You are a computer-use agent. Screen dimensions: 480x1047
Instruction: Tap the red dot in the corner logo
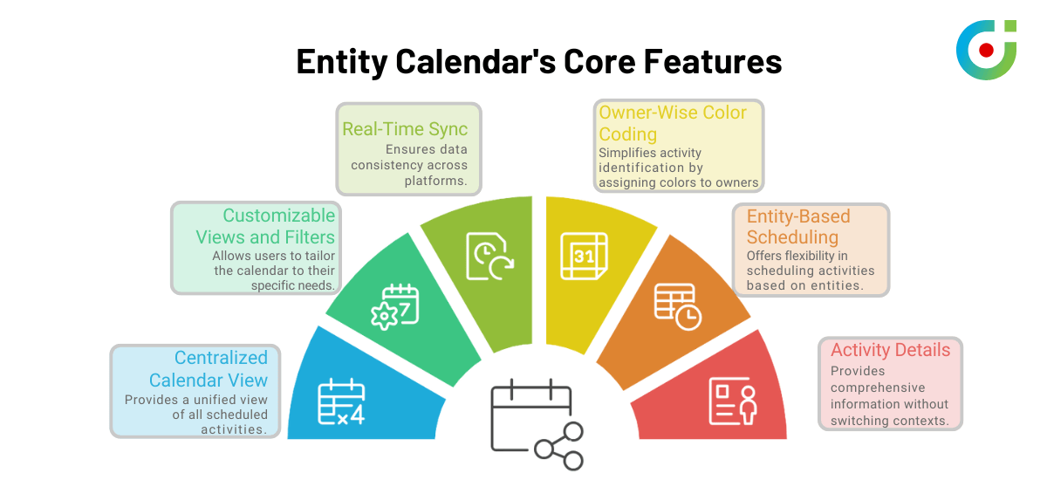[x=986, y=50]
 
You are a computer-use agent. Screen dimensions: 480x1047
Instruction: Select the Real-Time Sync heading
[x=405, y=129]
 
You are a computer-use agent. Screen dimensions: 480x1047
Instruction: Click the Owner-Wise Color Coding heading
[x=672, y=123]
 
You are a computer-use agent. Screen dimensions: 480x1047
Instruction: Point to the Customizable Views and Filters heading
[x=265, y=226]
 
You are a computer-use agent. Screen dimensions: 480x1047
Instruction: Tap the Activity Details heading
[x=890, y=350]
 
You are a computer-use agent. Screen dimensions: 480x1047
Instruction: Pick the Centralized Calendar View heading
[x=208, y=369]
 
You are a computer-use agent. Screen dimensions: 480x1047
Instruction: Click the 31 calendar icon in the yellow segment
[x=582, y=256]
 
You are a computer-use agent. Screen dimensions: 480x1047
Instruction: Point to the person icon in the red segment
[x=733, y=401]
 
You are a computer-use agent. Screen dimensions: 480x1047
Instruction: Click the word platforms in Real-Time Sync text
[x=435, y=181]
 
